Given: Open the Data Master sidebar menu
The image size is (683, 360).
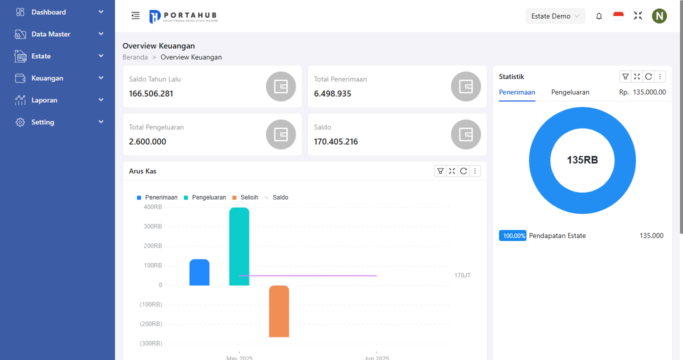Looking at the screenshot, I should click(x=50, y=34).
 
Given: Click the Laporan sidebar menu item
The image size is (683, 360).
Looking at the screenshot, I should click(x=44, y=100).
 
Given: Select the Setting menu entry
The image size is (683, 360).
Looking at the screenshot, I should click(x=42, y=122).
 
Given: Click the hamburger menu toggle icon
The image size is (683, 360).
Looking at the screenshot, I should click(x=135, y=16).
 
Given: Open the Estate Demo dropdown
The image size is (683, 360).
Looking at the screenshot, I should click(x=555, y=16).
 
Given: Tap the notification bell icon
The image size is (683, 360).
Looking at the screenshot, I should click(x=599, y=16).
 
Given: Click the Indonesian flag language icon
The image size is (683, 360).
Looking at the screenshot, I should click(x=618, y=16).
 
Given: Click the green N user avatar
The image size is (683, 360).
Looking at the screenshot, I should click(x=659, y=16).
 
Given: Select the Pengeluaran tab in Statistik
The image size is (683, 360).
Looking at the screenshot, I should click(x=570, y=92).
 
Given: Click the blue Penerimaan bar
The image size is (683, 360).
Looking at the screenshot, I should click(x=199, y=272).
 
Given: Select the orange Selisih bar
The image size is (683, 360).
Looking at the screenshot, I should click(x=279, y=311).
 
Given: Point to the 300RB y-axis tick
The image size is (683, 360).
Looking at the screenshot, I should click(x=153, y=226).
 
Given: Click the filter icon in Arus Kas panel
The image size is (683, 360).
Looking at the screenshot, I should click(x=440, y=171).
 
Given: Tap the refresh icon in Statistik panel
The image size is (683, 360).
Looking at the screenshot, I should click(x=648, y=76).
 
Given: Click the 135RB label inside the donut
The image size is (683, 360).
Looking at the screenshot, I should click(x=582, y=160).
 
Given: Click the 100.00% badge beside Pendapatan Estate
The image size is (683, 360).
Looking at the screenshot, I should click(x=512, y=235).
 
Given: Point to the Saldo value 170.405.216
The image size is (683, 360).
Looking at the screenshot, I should click(x=336, y=141).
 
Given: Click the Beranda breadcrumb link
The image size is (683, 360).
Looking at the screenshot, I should click(x=135, y=57).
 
